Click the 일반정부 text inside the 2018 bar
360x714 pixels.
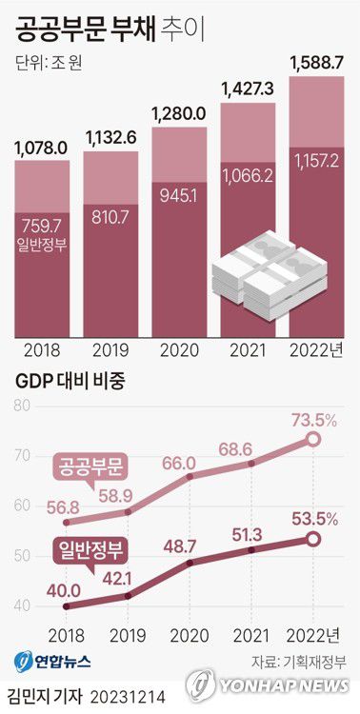tap(41, 247)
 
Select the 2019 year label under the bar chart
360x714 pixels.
tap(110, 348)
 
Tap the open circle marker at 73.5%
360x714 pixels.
tap(312, 440)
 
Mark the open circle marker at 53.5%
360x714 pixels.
tap(312, 539)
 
